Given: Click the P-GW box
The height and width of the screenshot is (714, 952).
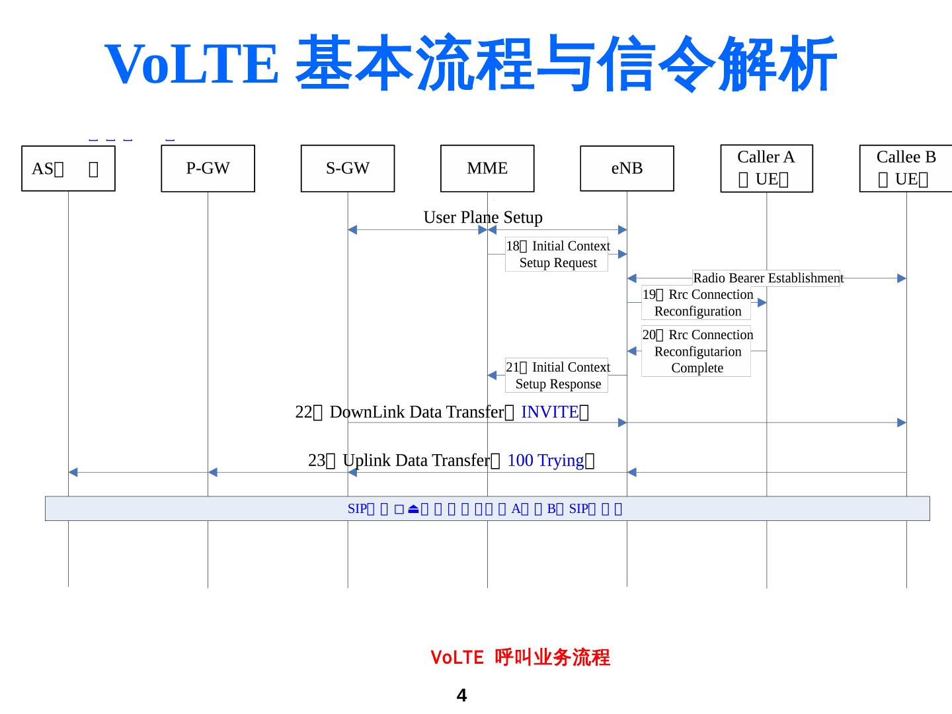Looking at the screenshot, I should [208, 169].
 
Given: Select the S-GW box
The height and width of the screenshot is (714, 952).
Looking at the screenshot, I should [348, 169].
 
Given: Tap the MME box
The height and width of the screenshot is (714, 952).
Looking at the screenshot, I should [487, 169].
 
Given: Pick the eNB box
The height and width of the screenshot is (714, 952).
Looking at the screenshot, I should [627, 169].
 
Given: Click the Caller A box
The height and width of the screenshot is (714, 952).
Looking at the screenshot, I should [766, 169].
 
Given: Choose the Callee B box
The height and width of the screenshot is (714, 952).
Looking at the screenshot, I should [906, 169].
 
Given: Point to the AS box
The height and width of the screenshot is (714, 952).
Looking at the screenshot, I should [68, 169].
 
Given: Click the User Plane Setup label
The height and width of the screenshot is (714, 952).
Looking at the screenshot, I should [483, 218].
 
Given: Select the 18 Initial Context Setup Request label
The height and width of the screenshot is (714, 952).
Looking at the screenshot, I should [557, 255].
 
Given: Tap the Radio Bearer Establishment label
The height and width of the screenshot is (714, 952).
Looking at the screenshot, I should [768, 278].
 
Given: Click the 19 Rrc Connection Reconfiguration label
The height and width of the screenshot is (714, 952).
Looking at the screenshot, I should [697, 303].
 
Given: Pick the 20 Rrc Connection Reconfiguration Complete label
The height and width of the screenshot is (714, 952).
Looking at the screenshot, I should [697, 351].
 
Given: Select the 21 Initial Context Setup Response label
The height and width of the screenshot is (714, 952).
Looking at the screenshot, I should [557, 376].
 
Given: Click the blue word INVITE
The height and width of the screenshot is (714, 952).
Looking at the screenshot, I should [549, 412].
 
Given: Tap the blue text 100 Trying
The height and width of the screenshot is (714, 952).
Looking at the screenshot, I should [545, 460].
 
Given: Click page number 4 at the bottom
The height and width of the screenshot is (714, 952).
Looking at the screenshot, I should [461, 695].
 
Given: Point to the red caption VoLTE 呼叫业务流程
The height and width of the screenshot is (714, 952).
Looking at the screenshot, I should [520, 657].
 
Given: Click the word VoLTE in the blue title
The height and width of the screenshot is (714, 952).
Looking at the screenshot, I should [192, 63].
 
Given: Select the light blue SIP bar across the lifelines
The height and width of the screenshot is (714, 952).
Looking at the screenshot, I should [487, 508].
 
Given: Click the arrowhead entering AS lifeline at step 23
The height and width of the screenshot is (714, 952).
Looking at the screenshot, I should [73, 472].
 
